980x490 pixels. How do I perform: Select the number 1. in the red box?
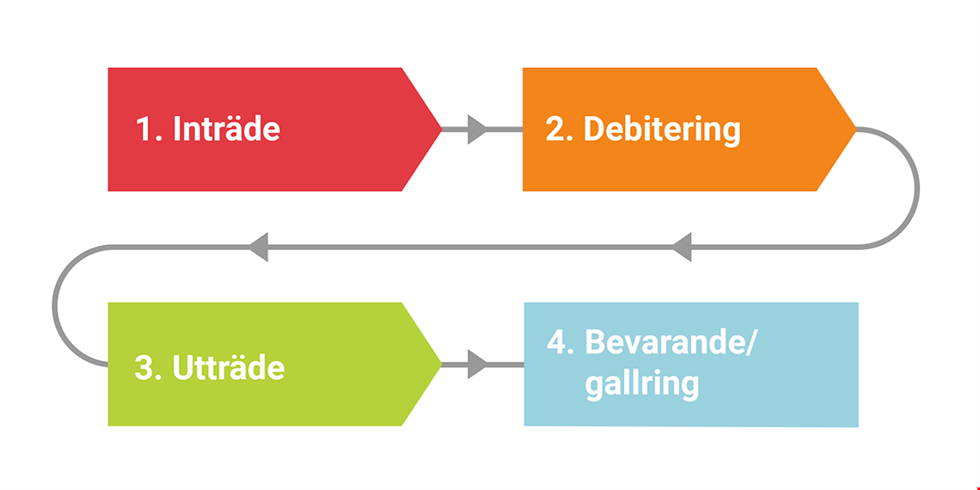[x=149, y=129]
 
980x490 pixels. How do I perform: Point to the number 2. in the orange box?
[x=560, y=129]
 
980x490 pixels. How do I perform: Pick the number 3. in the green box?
[x=149, y=368]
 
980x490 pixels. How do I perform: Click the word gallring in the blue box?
[x=641, y=384]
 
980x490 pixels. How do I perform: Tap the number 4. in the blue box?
[x=560, y=341]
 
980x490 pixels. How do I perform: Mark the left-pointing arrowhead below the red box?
[x=259, y=247]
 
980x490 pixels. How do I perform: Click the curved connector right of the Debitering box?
[x=917, y=188]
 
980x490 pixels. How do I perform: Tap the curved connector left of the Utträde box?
[x=55, y=306]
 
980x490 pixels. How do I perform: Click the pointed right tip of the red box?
[x=442, y=129]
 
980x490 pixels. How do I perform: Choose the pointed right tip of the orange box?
[x=855, y=129]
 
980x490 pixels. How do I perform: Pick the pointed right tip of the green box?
[x=442, y=364]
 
